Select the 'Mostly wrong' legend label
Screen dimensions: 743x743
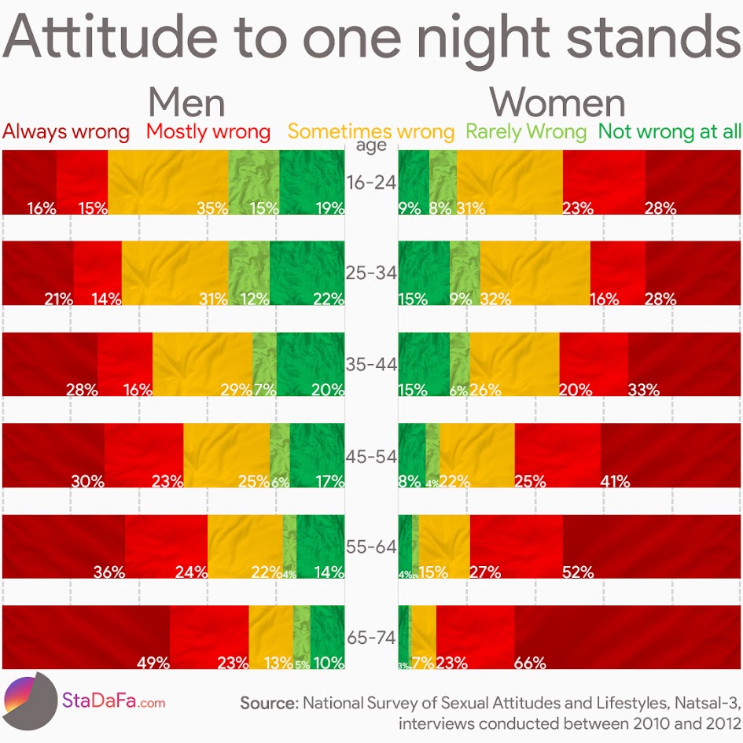tap(208, 131)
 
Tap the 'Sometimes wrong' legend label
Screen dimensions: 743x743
tap(371, 131)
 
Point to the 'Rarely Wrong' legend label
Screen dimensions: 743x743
tap(526, 131)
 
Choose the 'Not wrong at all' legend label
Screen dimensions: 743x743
tap(670, 131)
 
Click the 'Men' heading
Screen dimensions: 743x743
tap(186, 102)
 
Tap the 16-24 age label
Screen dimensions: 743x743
tap(371, 182)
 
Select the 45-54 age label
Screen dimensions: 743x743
tap(371, 456)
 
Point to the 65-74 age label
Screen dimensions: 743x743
tap(371, 638)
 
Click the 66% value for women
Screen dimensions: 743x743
tap(530, 663)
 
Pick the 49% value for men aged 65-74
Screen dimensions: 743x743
tap(153, 663)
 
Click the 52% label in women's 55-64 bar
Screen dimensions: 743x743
tap(578, 572)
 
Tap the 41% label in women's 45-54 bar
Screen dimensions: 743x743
tap(615, 481)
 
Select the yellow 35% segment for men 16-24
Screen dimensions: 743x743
tap(167, 182)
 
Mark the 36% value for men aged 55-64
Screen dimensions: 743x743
tap(109, 572)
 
